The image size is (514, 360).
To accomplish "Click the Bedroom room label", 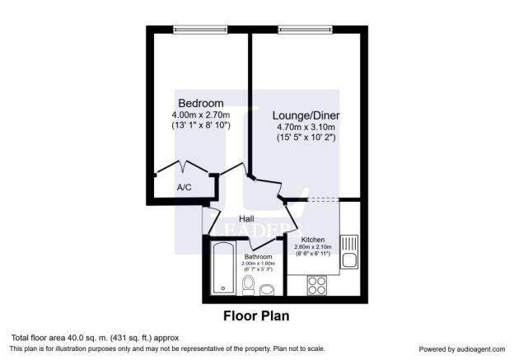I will tap(201, 102).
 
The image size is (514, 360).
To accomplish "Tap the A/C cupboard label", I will tap(185, 188).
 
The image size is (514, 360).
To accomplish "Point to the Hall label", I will tap(245, 219).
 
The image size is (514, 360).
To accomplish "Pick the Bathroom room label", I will tap(259, 256).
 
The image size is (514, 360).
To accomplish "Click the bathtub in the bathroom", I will tap(222, 269).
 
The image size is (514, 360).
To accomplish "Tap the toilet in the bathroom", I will tap(249, 284).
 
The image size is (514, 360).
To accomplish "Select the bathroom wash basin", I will tap(267, 289).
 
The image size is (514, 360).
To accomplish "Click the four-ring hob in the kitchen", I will tap(317, 286).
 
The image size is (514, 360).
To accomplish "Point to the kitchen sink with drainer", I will tap(349, 252).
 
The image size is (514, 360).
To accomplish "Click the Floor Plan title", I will tap(256, 316).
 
